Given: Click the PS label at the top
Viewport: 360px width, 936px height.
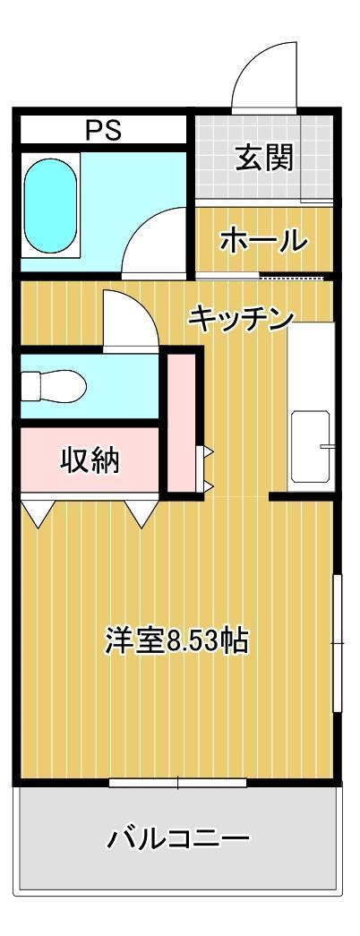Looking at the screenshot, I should click(103, 131).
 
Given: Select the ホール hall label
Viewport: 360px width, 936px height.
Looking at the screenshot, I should click(263, 241).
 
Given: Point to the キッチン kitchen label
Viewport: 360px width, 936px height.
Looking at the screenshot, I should click(241, 318).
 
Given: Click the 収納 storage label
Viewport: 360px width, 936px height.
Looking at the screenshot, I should click(90, 460).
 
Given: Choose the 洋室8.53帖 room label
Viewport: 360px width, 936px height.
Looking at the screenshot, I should click(176, 641).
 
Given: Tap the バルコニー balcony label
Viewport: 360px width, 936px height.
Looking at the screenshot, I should click(178, 839).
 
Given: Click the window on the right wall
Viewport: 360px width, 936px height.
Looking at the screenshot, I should click(338, 642).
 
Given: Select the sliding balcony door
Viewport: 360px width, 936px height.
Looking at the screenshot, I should click(177, 783).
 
